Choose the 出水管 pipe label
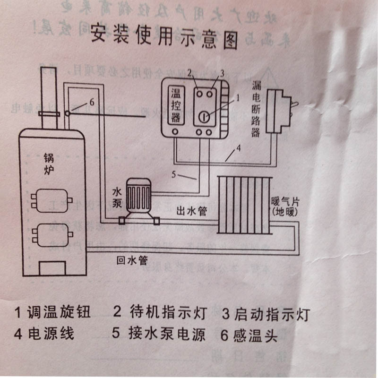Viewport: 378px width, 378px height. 191,211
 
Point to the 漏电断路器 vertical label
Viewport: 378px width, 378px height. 255,109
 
